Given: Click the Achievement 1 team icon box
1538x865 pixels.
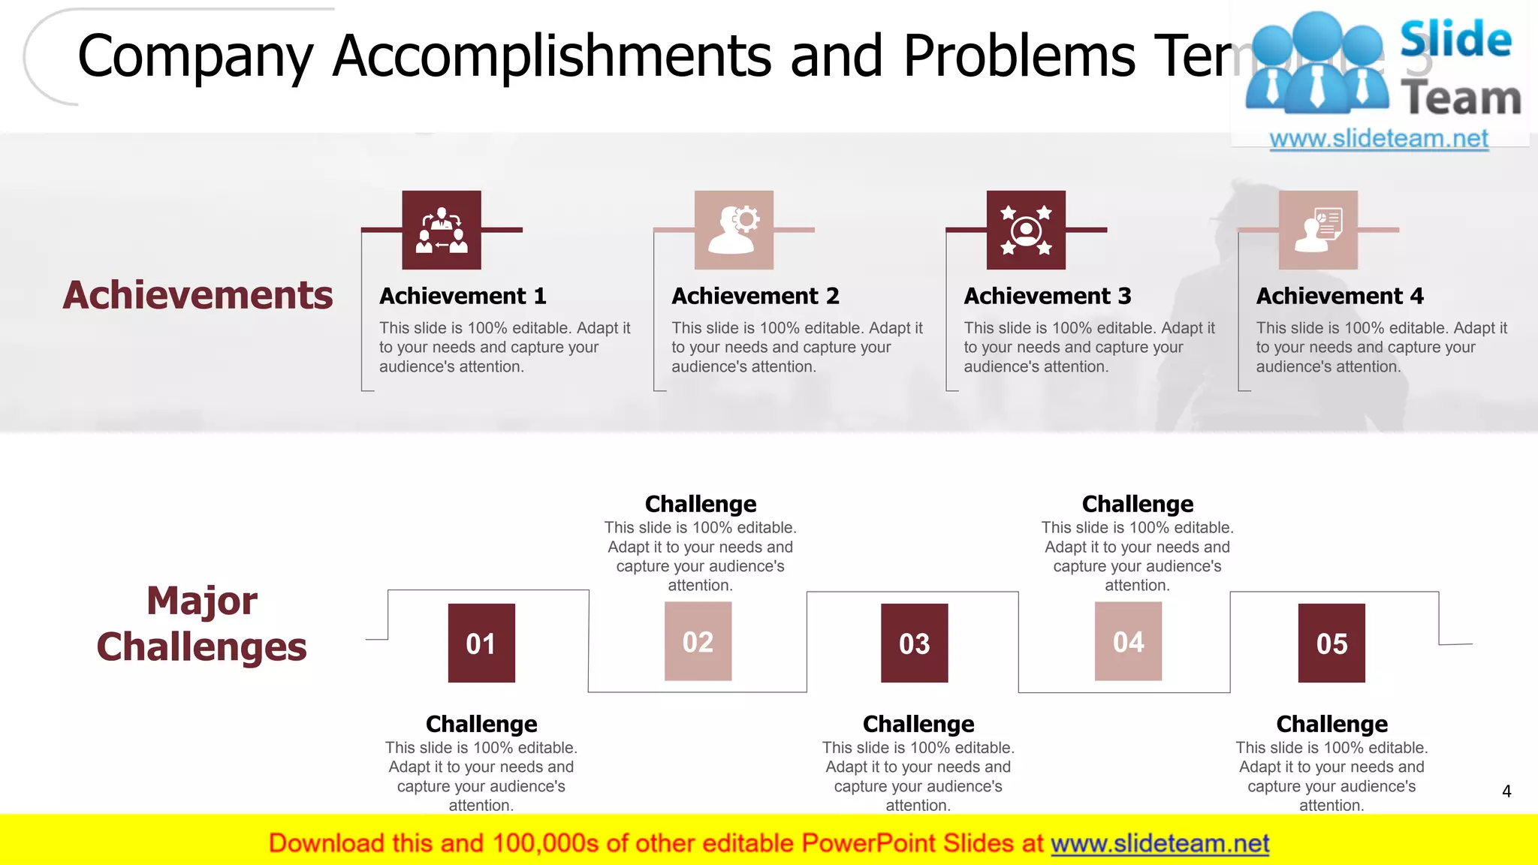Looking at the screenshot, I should (x=442, y=230).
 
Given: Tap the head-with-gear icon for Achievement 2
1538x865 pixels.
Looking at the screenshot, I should (x=734, y=230).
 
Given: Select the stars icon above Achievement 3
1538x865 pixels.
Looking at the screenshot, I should (x=1026, y=230).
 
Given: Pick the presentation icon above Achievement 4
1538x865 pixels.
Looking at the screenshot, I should (x=1318, y=230).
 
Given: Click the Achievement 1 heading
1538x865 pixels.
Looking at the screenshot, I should (x=463, y=296).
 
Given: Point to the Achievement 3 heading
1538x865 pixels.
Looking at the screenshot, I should (x=1048, y=296).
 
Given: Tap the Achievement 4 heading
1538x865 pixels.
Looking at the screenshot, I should (x=1340, y=296).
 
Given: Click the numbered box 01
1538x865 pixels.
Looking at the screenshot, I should (x=481, y=643).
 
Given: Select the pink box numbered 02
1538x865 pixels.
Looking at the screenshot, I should (x=698, y=641).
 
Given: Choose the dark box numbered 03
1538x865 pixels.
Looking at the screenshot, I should (x=914, y=643).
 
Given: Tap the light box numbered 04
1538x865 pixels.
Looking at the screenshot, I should (x=1128, y=641).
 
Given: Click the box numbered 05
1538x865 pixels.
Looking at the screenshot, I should (x=1331, y=643).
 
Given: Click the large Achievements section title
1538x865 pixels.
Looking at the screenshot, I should (x=198, y=295).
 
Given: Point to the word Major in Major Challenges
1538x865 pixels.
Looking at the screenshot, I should (x=201, y=601).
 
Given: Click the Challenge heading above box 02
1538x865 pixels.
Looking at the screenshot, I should (x=701, y=504).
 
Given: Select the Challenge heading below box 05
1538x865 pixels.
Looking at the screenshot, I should (x=1331, y=724).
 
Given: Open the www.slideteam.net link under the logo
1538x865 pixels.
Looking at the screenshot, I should (x=1379, y=139).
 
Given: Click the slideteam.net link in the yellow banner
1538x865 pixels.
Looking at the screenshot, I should (x=1160, y=843).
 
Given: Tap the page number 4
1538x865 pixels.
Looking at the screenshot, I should (x=1506, y=791).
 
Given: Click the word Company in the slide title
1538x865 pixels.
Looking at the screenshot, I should (x=195, y=56).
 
